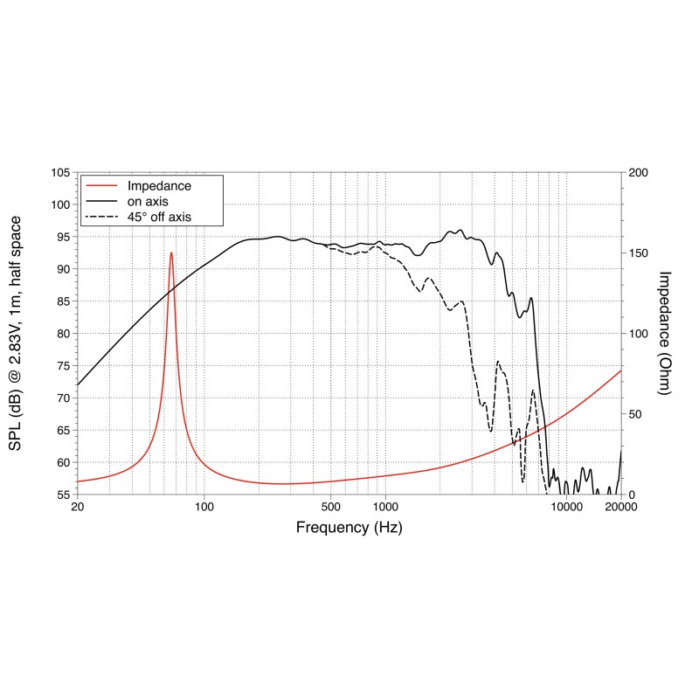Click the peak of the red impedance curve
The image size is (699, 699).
point(171,253)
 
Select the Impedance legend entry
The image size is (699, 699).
point(158,186)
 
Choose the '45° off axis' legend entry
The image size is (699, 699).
point(158,216)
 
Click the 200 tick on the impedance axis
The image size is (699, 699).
point(639,173)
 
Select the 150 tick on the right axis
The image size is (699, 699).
point(639,253)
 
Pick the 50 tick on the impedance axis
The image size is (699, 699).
point(635,414)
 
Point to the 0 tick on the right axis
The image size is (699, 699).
point(632,495)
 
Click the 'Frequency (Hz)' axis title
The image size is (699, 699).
point(349,528)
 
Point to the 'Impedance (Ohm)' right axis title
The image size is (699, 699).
point(664,333)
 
